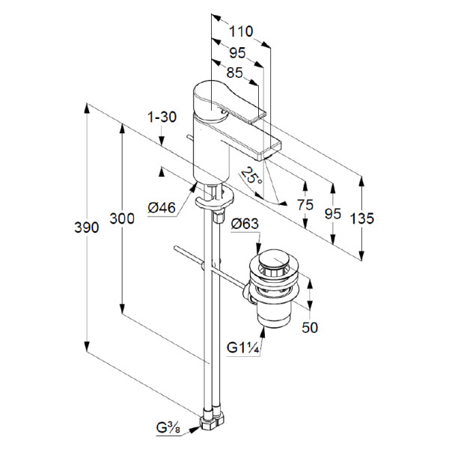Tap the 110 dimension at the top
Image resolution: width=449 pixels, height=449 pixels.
tap(240, 32)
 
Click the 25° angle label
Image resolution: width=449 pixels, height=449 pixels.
tap(252, 177)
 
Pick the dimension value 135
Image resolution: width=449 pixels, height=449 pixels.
tap(361, 219)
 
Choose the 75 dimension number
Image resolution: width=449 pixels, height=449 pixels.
tap(305, 204)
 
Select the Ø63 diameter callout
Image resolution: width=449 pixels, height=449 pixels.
tap(245, 223)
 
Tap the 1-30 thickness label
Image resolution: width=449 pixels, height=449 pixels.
tap(161, 117)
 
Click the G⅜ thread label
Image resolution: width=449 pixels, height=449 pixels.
tap(168, 428)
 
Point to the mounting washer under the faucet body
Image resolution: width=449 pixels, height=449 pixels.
tap(213, 201)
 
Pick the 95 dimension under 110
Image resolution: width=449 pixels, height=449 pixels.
tap(237, 53)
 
